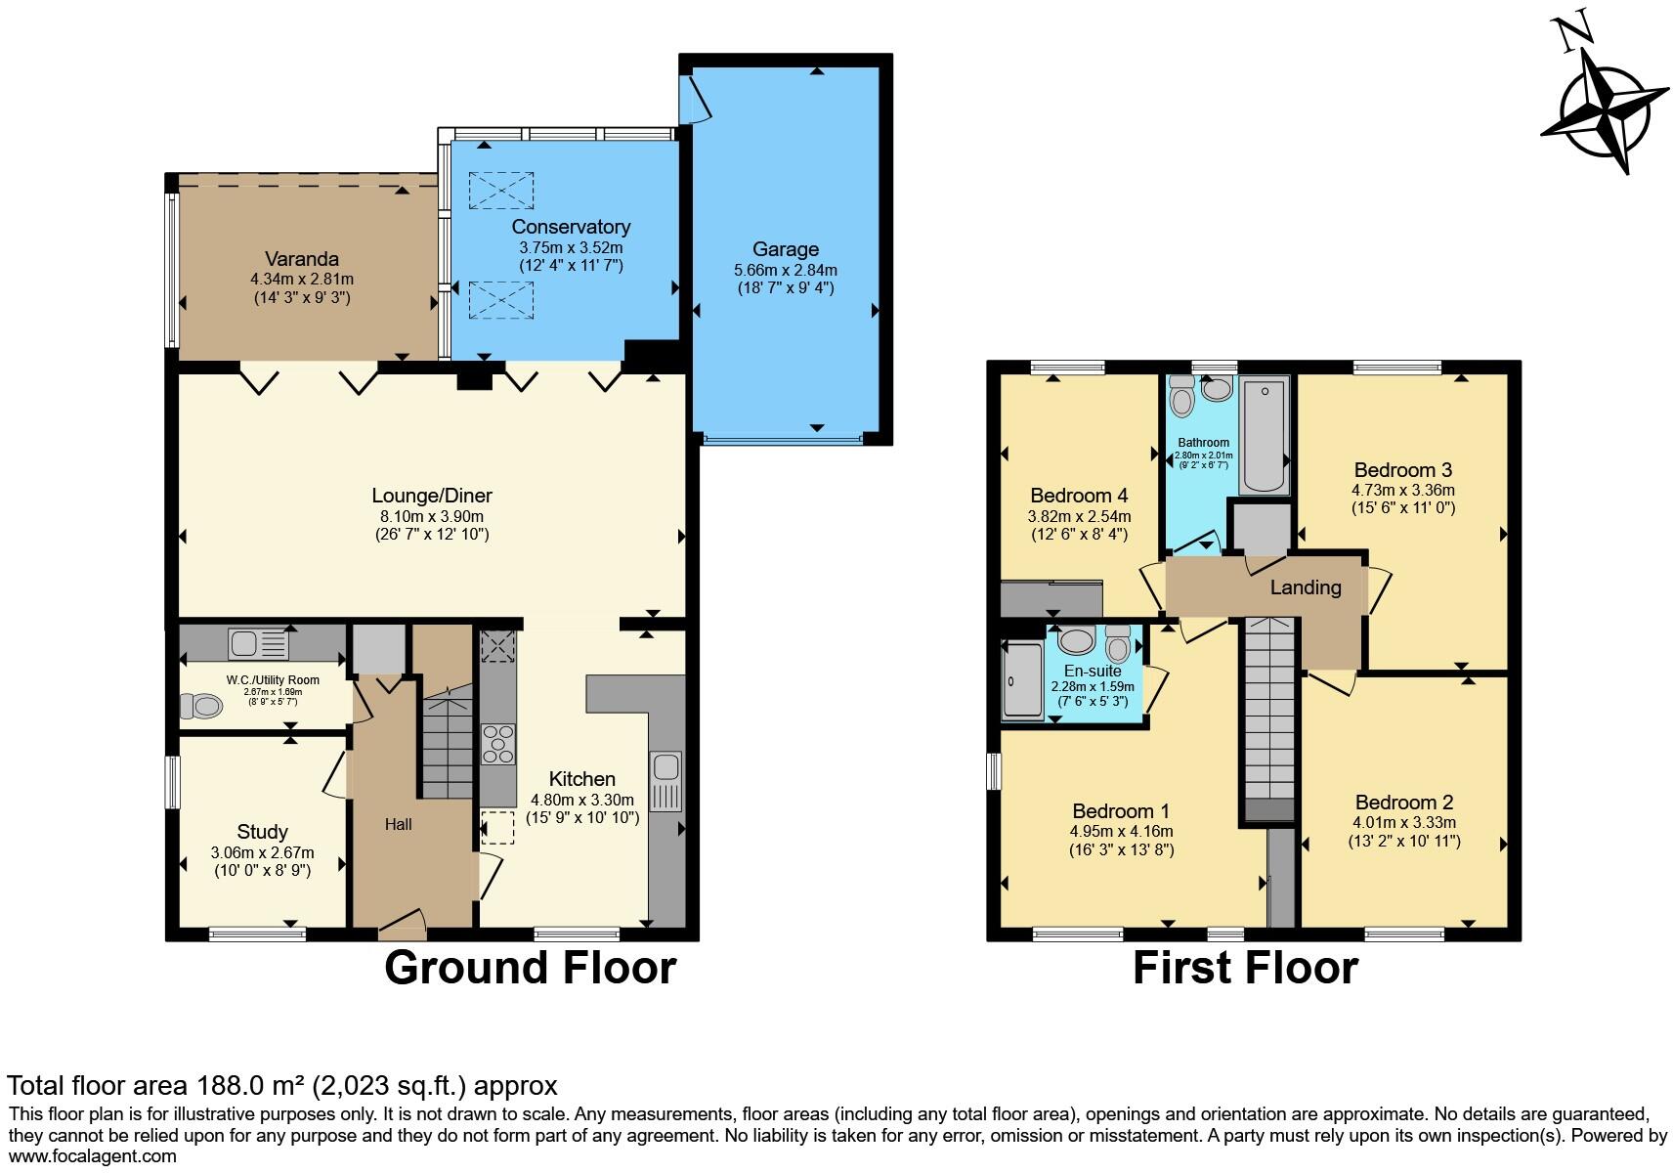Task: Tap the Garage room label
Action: pyautogui.click(x=786, y=249)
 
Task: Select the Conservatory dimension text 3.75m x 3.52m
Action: pyautogui.click(x=571, y=247)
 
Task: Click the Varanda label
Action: pyautogui.click(x=302, y=259)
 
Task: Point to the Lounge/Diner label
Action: pyautogui.click(x=432, y=496)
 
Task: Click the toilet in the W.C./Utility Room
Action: pyautogui.click(x=202, y=705)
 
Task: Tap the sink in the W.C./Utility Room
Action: pyautogui.click(x=258, y=644)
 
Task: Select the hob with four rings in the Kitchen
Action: pyautogui.click(x=498, y=743)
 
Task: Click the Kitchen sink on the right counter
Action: pyautogui.click(x=666, y=781)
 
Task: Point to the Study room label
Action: pyautogui.click(x=262, y=832)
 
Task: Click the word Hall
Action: pyautogui.click(x=398, y=825)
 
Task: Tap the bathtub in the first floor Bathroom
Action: pyautogui.click(x=1265, y=437)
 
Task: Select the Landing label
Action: pyautogui.click(x=1305, y=587)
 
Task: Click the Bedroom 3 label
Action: pyautogui.click(x=1402, y=469)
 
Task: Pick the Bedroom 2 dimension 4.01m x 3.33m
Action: pyautogui.click(x=1403, y=822)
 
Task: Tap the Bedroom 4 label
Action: pyautogui.click(x=1079, y=496)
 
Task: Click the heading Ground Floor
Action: pyautogui.click(x=530, y=968)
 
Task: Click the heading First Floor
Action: pyautogui.click(x=1245, y=968)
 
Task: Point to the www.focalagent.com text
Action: pyautogui.click(x=92, y=1156)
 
